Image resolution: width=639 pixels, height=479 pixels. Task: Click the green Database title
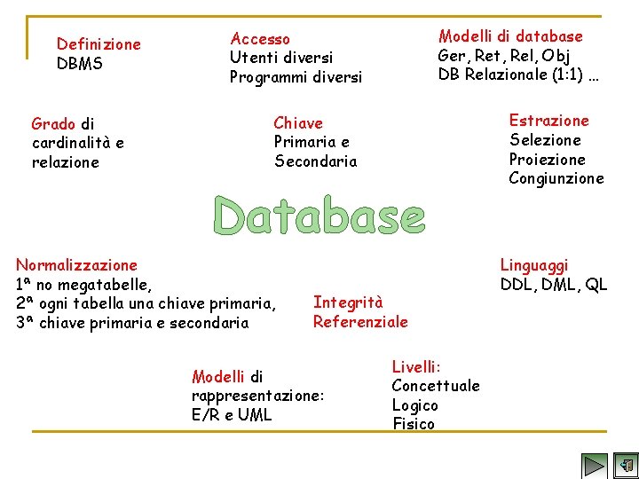point(319,216)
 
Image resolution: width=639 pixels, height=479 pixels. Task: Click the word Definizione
point(99,44)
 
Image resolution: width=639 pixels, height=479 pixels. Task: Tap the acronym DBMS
point(79,64)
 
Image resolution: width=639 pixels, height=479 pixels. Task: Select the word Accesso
point(260,38)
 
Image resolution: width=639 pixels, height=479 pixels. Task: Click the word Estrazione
point(548,121)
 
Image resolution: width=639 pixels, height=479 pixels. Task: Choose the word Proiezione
point(547,160)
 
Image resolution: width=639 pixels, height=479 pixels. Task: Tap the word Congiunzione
point(556,178)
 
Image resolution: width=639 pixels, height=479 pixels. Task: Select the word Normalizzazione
point(76,264)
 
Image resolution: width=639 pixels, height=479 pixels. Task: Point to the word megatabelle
point(110,284)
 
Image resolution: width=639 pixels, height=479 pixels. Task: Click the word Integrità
point(348,302)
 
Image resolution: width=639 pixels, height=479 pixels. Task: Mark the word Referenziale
point(360,322)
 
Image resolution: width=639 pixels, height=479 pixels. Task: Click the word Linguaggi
point(534,264)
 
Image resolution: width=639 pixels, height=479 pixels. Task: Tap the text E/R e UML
point(232,415)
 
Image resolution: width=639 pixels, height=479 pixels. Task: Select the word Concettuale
point(435,386)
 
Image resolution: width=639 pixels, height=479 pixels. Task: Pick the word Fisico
point(414,424)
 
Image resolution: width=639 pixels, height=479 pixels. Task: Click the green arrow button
point(594,465)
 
